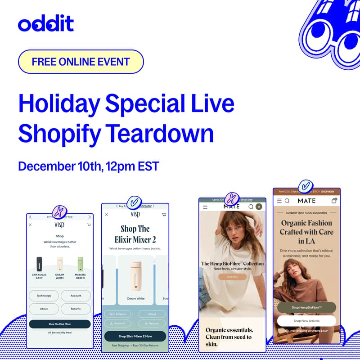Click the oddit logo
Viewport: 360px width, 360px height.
(46, 23)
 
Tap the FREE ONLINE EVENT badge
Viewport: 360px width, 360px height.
(81, 62)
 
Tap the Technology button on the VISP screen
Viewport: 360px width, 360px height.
(44, 296)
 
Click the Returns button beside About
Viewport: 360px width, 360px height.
(76, 309)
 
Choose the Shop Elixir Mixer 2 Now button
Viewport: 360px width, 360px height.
(135, 336)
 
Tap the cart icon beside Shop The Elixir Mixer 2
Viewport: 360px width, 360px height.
(164, 215)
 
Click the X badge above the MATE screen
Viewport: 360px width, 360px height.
(232, 198)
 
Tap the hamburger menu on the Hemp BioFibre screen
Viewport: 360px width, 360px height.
(205, 207)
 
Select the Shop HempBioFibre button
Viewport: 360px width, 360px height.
(306, 307)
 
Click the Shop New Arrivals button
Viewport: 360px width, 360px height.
(306, 321)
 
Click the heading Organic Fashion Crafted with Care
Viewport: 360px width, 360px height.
(306, 232)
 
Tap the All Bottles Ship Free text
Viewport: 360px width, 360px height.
(60, 333)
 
